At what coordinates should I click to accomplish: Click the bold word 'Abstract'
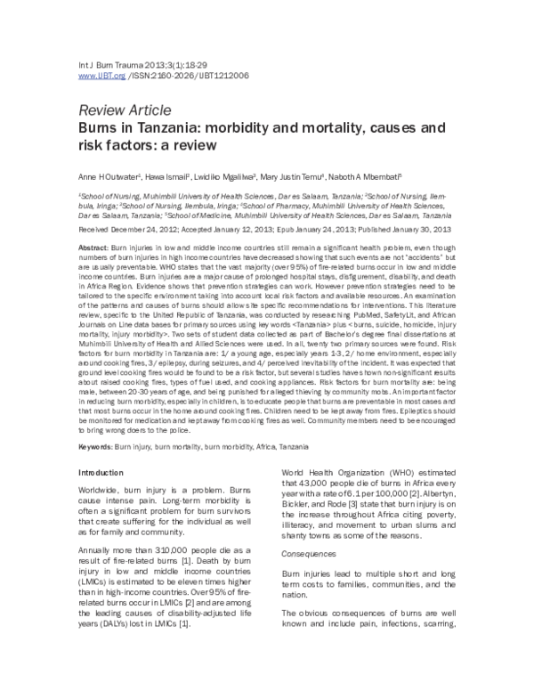94,246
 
